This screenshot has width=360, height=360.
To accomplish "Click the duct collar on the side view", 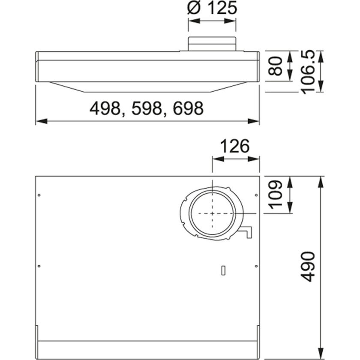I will pos(212,45).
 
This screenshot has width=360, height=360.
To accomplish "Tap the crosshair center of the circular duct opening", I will pos(212,213).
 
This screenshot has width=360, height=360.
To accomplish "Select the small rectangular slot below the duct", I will pos(222,270).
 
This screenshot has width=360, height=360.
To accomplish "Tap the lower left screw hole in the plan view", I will pos(39,266).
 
